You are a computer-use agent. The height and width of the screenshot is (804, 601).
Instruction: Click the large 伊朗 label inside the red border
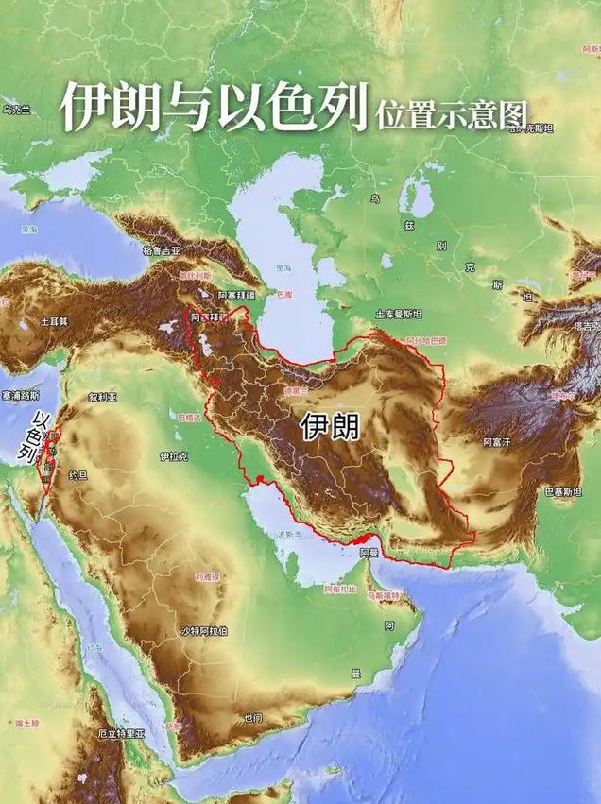pos(330,427)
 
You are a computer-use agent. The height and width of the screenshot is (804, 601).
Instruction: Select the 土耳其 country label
pos(54,321)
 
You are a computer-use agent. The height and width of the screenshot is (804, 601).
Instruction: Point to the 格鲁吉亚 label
pos(161,250)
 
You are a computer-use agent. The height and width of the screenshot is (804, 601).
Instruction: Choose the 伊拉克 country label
pos(173,456)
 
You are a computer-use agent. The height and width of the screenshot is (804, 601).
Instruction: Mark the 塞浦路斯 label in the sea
pos(20,395)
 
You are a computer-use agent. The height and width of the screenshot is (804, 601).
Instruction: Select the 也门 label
pos(252,718)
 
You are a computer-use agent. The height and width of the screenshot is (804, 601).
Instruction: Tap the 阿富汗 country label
pos(497,441)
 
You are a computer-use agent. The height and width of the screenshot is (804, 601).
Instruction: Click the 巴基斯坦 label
pos(563,492)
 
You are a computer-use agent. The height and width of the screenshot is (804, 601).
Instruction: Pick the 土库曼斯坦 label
pos(398,314)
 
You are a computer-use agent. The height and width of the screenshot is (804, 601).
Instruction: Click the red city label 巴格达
pos(189,417)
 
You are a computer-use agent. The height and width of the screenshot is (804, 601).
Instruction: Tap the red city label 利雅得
pos(208,576)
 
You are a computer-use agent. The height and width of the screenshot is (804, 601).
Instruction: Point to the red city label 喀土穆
pos(26,724)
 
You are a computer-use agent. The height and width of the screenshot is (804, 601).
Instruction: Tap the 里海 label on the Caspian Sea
pos(283,268)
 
